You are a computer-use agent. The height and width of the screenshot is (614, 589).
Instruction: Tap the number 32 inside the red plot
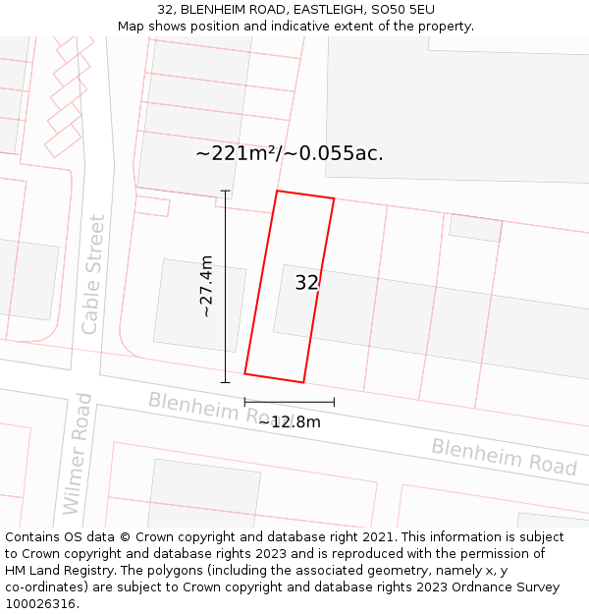[x=306, y=283]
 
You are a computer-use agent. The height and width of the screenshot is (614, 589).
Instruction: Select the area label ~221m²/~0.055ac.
[x=290, y=153]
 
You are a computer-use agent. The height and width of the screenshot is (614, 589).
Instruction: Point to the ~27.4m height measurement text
[x=206, y=286]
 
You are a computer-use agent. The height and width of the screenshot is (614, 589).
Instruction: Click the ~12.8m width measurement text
[x=290, y=422]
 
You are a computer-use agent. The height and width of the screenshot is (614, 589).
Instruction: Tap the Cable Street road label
[x=93, y=275]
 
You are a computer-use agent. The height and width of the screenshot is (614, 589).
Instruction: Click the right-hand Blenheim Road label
[x=504, y=458]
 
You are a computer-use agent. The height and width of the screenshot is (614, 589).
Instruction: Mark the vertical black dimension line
[x=226, y=286]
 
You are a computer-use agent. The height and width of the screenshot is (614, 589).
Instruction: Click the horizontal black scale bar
[x=289, y=401]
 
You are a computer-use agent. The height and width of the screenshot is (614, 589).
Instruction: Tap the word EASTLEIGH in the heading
[x=329, y=10]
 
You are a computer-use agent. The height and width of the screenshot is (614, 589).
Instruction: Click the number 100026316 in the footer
[x=41, y=604]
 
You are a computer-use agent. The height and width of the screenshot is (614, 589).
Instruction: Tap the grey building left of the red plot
[x=186, y=305]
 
